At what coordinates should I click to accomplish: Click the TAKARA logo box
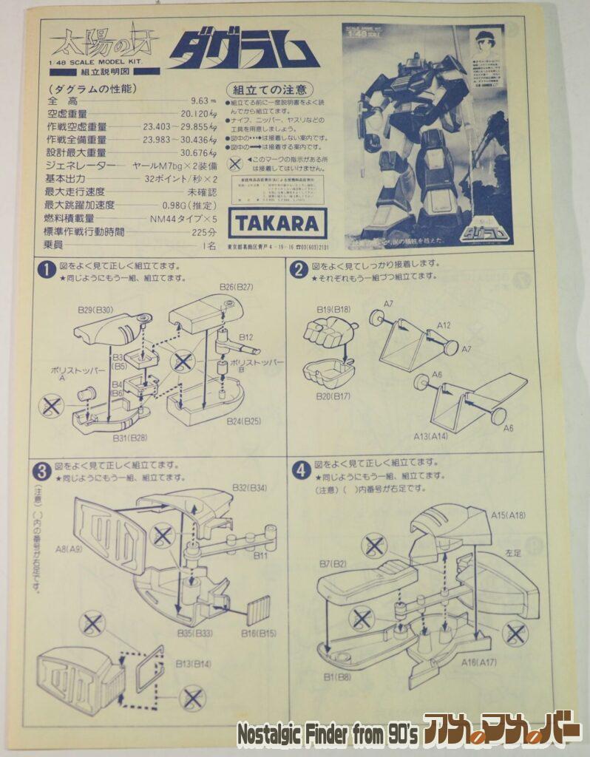(277, 223)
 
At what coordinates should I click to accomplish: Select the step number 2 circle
(299, 270)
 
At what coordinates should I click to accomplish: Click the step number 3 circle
(41, 470)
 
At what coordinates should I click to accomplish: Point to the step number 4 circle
(299, 469)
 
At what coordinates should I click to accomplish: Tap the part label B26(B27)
(237, 286)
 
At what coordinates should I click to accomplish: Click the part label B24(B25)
(243, 421)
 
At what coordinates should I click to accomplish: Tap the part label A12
(444, 325)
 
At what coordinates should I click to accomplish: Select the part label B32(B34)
(250, 489)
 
